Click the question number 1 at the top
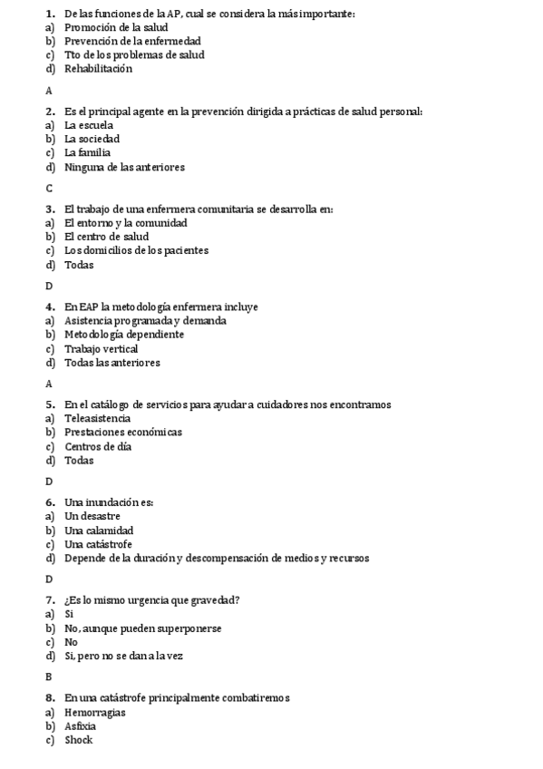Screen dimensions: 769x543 click(50, 14)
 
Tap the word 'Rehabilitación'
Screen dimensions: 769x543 click(98, 69)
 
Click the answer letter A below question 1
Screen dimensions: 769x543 click(49, 91)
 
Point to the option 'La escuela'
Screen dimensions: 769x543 click(89, 125)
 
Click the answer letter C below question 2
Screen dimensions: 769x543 click(49, 189)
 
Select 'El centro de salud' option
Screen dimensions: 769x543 click(106, 237)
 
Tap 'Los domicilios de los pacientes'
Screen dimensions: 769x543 click(136, 251)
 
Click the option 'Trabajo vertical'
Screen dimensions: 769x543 click(101, 348)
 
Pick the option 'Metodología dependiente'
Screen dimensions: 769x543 click(124, 335)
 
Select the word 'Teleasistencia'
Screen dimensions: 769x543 click(98, 419)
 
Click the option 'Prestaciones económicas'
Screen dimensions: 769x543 click(123, 433)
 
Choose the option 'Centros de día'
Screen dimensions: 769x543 click(98, 446)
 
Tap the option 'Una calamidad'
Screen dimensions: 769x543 click(99, 531)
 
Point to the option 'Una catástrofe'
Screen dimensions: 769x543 click(99, 544)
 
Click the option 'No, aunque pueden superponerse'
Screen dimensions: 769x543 click(143, 628)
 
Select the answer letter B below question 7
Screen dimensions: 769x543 click(49, 677)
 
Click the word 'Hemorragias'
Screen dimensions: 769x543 click(94, 713)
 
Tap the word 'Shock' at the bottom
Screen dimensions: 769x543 click(79, 740)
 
